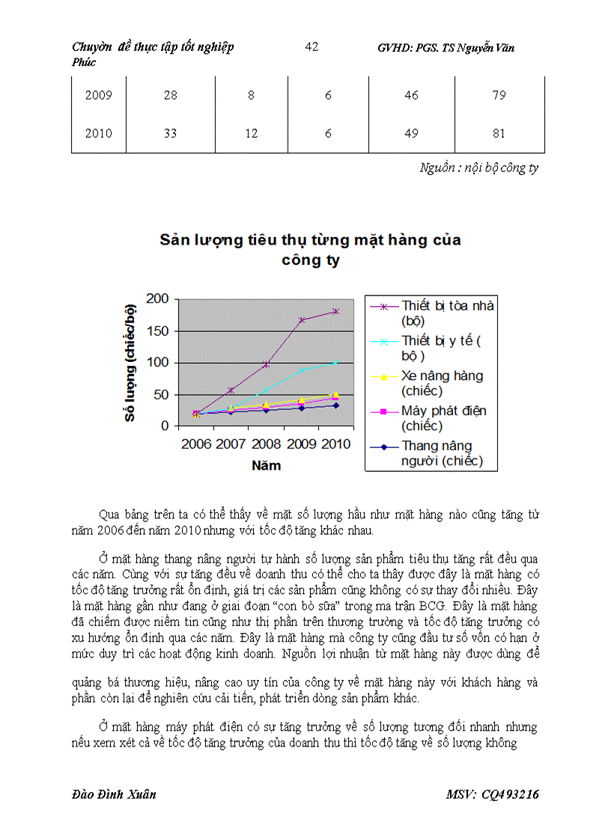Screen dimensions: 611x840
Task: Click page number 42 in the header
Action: pos(312,47)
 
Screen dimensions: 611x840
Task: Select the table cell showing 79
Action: pos(499,96)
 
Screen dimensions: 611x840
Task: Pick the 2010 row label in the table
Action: pos(99,134)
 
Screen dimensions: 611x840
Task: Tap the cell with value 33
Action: pos(170,134)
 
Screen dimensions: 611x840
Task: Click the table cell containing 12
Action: pos(252,134)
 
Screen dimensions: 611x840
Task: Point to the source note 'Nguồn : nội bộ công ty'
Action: pos(478,168)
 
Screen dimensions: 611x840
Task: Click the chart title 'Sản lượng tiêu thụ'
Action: pos(310,240)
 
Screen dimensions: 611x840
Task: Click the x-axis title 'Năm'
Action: pos(267,465)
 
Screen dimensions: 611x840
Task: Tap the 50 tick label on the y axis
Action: pos(161,394)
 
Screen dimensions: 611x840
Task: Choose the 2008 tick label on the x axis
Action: pos(267,444)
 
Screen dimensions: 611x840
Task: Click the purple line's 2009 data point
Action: pos(302,320)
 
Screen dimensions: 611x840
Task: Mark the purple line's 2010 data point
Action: pos(336,311)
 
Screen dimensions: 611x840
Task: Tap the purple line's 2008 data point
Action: pos(267,364)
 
